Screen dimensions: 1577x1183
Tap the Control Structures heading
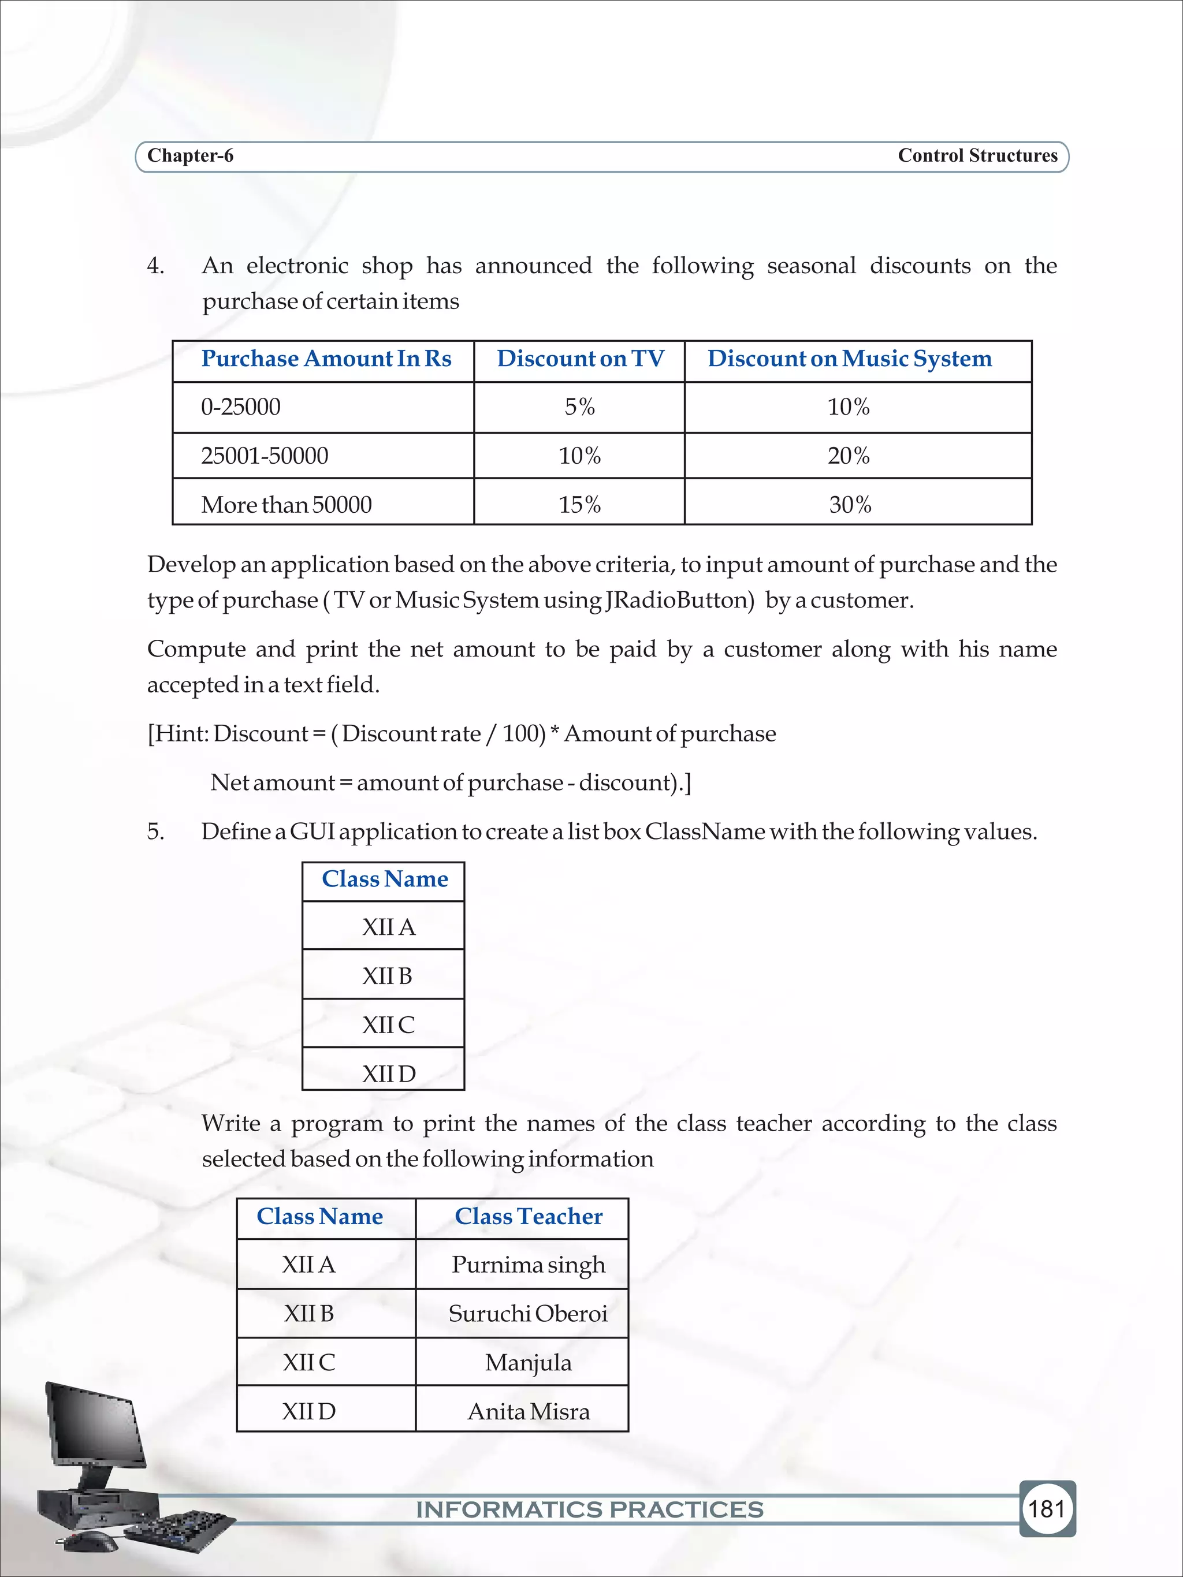point(977,155)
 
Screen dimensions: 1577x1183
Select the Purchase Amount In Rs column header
point(326,359)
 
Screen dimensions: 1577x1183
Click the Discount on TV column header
point(580,359)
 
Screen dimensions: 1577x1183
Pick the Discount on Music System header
point(849,359)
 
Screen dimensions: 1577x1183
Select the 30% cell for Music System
point(850,505)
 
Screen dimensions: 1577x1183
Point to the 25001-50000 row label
point(265,456)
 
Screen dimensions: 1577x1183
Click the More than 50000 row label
point(286,505)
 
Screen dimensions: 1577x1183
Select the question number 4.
point(155,266)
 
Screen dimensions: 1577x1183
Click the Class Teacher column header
point(529,1216)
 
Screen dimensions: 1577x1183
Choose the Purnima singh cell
point(528,1265)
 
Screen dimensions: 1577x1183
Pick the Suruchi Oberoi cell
point(528,1313)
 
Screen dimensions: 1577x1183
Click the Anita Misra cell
point(528,1412)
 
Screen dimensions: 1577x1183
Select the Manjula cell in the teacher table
point(528,1362)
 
